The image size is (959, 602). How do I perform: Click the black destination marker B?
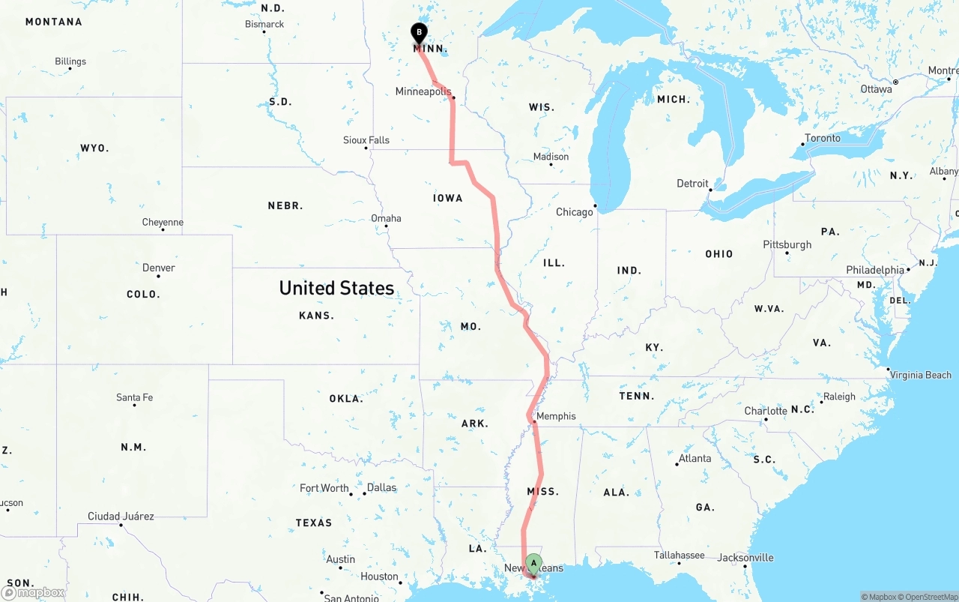pyautogui.click(x=419, y=33)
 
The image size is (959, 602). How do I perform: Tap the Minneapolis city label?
pyautogui.click(x=423, y=91)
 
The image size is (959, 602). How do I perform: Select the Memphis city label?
pyautogui.click(x=557, y=416)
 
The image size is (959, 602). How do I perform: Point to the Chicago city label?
pyautogui.click(x=575, y=212)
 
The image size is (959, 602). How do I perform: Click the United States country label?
pyautogui.click(x=336, y=288)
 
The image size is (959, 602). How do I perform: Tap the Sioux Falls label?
pyautogui.click(x=366, y=140)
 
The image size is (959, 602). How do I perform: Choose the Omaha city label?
pyautogui.click(x=387, y=218)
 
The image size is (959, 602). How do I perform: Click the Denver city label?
pyautogui.click(x=159, y=268)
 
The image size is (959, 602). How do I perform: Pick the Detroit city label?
pyautogui.click(x=692, y=184)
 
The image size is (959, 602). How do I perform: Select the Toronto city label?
pyautogui.click(x=823, y=138)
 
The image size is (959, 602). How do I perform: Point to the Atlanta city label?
pyautogui.click(x=695, y=458)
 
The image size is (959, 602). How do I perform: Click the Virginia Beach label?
pyautogui.click(x=920, y=375)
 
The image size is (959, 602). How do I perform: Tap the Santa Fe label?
pyautogui.click(x=135, y=397)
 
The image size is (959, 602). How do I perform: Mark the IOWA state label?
pyautogui.click(x=448, y=198)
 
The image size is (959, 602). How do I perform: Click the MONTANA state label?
pyautogui.click(x=54, y=22)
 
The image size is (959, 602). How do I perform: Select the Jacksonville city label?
pyautogui.click(x=745, y=558)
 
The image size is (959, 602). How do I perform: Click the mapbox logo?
pyautogui.click(x=34, y=592)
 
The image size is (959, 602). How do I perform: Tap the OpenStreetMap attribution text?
pyautogui.click(x=928, y=597)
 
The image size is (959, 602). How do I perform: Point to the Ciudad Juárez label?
pyautogui.click(x=121, y=516)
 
